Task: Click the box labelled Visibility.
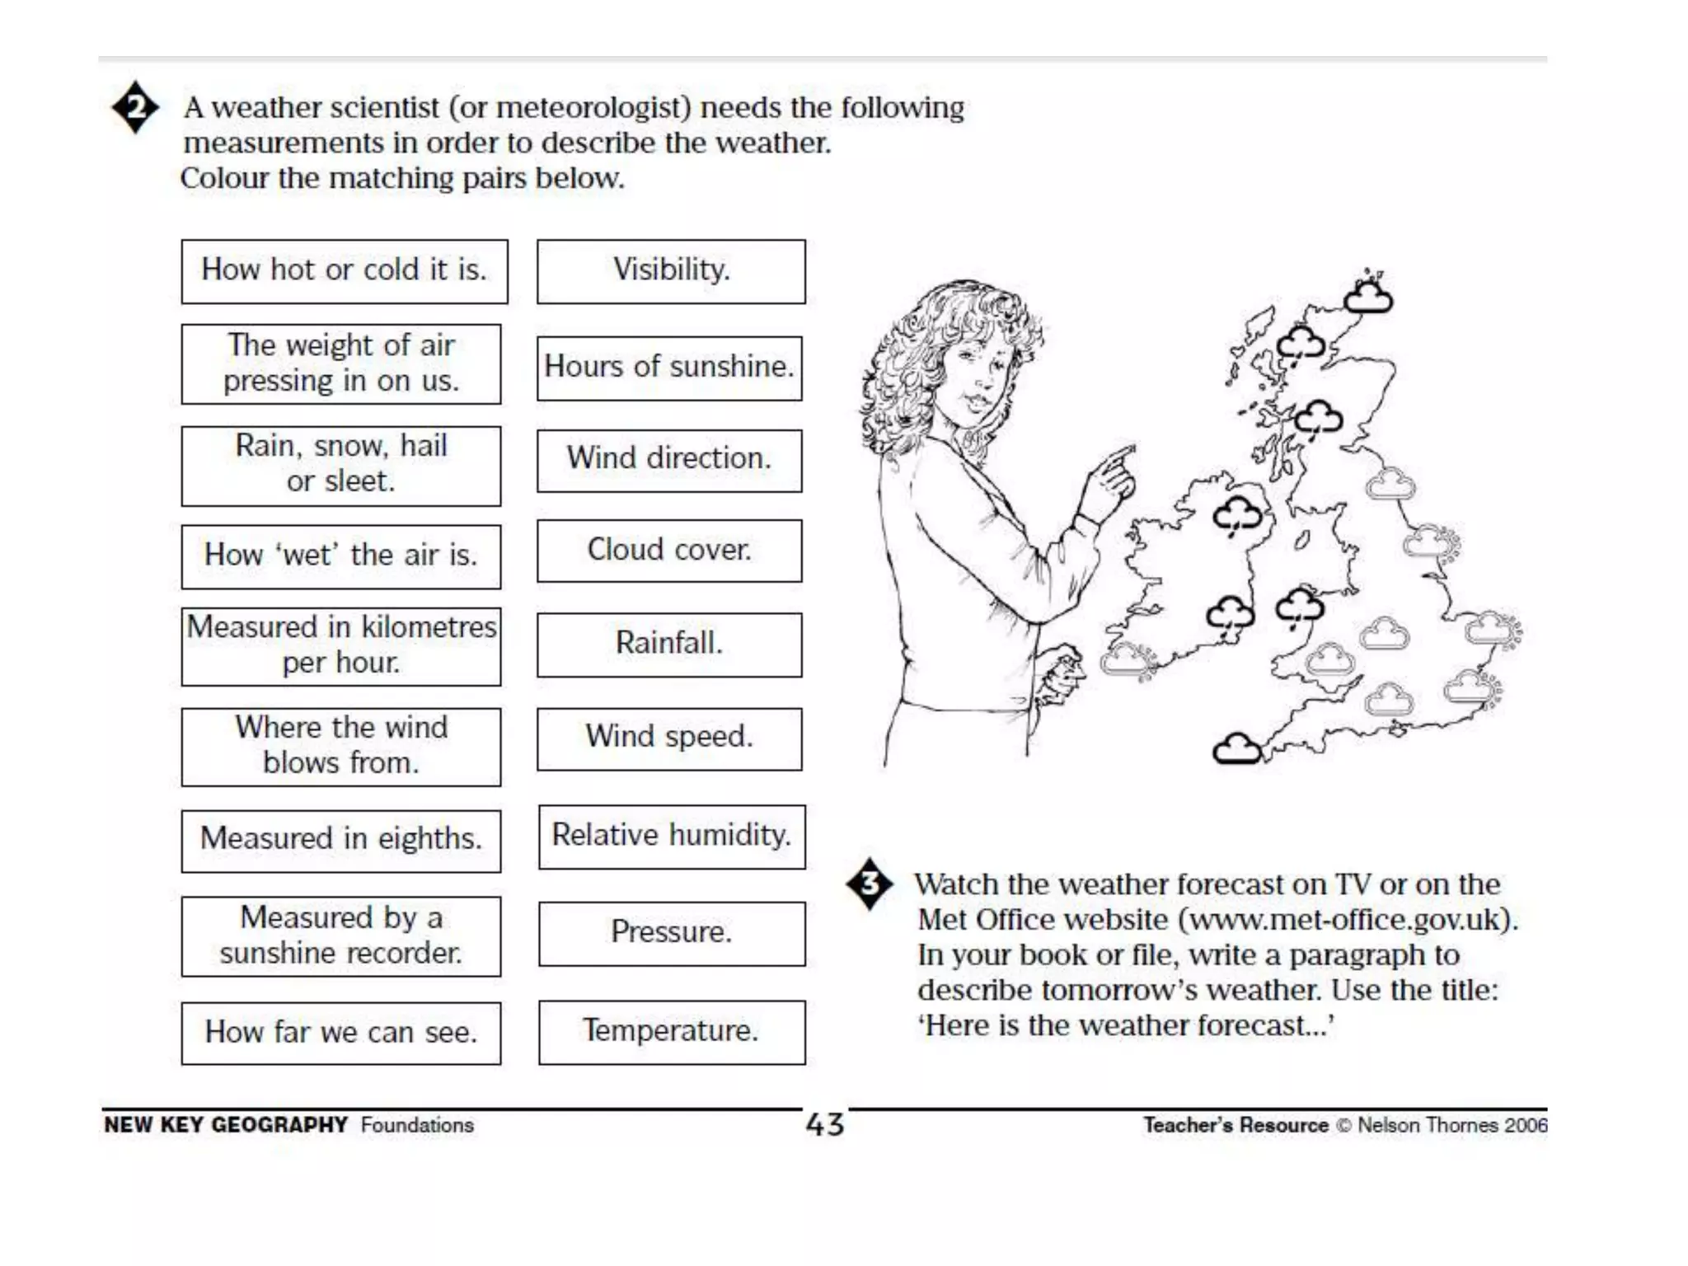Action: pyautogui.click(x=671, y=271)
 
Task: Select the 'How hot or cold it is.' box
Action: pyautogui.click(x=344, y=271)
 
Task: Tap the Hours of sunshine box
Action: pyautogui.click(x=669, y=368)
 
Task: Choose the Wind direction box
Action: pyautogui.click(x=669, y=460)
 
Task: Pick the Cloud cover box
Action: pyautogui.click(x=669, y=551)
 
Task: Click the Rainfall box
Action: pyautogui.click(x=669, y=644)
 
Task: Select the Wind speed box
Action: pyautogui.click(x=669, y=738)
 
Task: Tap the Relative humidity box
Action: pyautogui.click(x=672, y=837)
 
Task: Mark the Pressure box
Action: pyautogui.click(x=672, y=933)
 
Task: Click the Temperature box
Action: pyautogui.click(x=672, y=1032)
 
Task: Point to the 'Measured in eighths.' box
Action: pyautogui.click(x=340, y=841)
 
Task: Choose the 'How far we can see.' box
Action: pyautogui.click(x=340, y=1033)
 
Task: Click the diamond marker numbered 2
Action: pyautogui.click(x=135, y=107)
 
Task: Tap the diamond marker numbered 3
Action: pyautogui.click(x=869, y=884)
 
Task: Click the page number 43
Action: pyautogui.click(x=825, y=1125)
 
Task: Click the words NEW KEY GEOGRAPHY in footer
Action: pyautogui.click(x=226, y=1125)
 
